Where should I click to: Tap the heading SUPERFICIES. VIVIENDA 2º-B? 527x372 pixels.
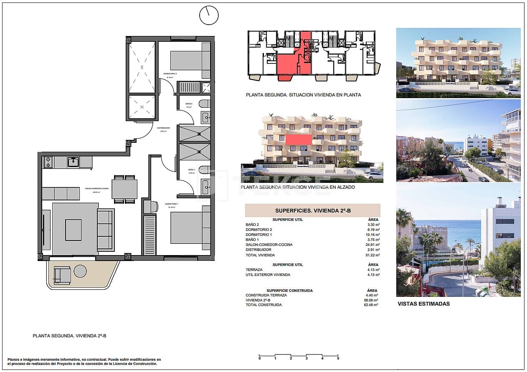pos(312,211)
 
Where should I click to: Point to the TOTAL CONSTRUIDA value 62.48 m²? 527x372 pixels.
pos(372,305)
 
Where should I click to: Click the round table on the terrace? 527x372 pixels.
pos(80,271)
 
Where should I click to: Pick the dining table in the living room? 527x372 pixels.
pos(124,189)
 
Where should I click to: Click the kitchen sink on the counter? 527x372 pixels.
pos(73,162)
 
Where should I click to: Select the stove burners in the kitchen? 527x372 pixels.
pos(48,162)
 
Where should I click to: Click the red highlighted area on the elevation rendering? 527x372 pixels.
pos(299,139)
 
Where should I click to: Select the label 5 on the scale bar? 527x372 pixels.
pos(338,358)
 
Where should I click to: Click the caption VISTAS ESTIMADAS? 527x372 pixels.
pos(423,304)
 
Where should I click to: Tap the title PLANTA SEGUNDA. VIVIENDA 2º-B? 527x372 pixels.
pos(69,336)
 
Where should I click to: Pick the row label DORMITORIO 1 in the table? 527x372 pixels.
pos(259,235)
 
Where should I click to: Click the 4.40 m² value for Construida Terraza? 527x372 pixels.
pos(372,295)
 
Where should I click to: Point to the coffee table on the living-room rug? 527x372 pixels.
pos(73,230)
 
